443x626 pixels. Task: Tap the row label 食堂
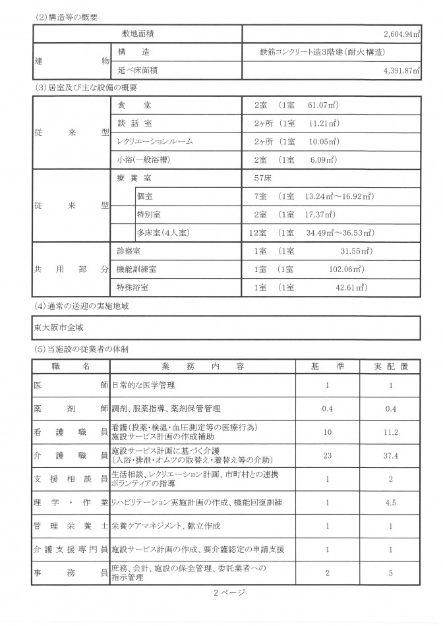point(135,105)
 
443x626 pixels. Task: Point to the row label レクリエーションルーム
point(155,141)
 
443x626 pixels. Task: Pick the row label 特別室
point(149,215)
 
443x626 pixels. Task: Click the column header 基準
point(327,366)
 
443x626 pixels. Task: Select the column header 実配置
point(392,366)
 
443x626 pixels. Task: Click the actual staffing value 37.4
point(392,455)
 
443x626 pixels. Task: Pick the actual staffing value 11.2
point(392,432)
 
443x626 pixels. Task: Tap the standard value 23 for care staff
point(327,455)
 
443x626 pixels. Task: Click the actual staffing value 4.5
point(392,503)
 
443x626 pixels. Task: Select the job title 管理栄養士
point(71,526)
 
